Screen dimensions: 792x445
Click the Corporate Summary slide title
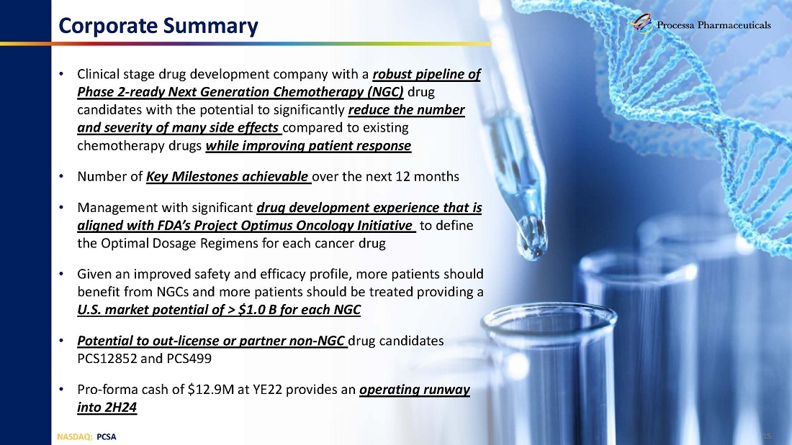pyautogui.click(x=158, y=26)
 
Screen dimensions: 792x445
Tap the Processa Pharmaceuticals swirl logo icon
pyautogui.click(x=642, y=24)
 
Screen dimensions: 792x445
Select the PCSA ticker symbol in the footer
pyautogui.click(x=106, y=437)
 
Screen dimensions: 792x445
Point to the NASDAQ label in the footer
pyautogui.click(x=74, y=437)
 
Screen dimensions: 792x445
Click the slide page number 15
pyautogui.click(x=768, y=436)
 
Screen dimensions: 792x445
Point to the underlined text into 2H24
pyautogui.click(x=107, y=407)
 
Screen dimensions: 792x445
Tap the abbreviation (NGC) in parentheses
pyautogui.click(x=385, y=92)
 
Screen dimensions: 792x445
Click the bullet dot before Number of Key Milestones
pyautogui.click(x=61, y=177)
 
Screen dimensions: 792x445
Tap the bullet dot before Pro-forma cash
pyautogui.click(x=61, y=390)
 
